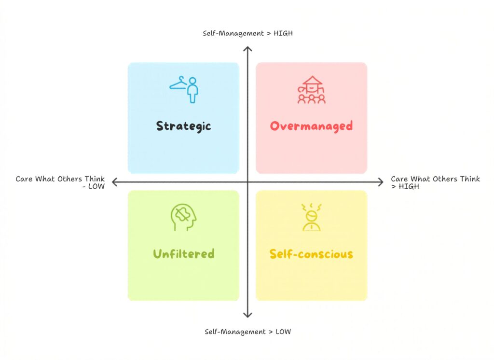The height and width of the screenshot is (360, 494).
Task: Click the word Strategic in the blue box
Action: coord(183,126)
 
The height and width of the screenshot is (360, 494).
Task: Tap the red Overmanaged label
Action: coord(311,126)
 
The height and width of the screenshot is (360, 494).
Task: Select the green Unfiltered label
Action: coord(183,254)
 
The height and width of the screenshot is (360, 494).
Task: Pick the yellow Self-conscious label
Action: coord(311,254)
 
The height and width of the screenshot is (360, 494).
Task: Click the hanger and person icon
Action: coord(184,89)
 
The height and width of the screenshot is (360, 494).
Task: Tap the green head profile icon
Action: coord(183,217)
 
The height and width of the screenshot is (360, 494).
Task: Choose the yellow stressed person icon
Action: coord(312,217)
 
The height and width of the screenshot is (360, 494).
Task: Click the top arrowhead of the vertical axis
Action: coord(247,49)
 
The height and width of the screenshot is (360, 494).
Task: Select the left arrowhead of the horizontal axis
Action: coord(114,182)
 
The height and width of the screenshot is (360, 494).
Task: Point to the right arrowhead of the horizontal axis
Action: coord(381,182)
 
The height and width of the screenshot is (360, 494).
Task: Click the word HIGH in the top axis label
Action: coord(282,33)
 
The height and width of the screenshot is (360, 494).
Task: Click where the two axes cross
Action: coord(247,182)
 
